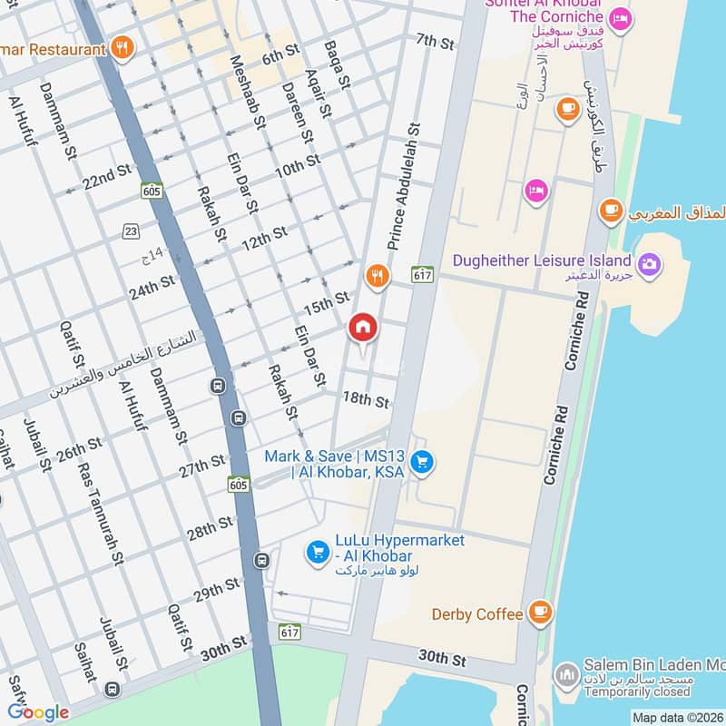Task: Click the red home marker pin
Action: tap(362, 329)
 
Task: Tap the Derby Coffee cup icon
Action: tap(540, 613)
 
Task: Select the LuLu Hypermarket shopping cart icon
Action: tap(318, 551)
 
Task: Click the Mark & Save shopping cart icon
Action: tap(421, 463)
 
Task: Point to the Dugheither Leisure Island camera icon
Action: tap(649, 264)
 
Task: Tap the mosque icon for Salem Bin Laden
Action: tap(566, 675)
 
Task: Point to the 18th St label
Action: tap(366, 399)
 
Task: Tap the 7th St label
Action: tap(435, 41)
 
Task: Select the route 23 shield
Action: tap(132, 231)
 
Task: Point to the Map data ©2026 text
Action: tap(675, 717)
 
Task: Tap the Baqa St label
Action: tap(337, 65)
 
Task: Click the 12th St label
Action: tap(264, 238)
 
